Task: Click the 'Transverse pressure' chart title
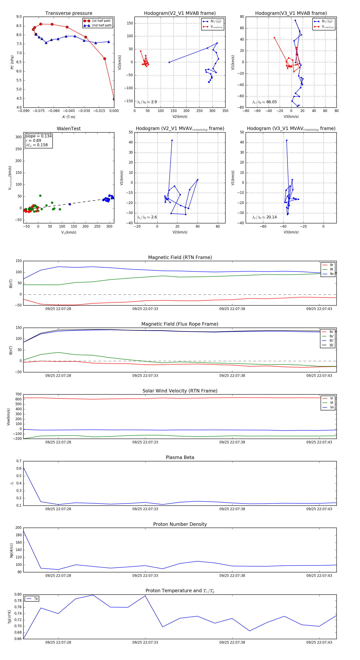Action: [x=69, y=13]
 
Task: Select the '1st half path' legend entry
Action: [x=101, y=21]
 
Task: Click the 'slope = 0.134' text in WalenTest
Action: [x=38, y=136]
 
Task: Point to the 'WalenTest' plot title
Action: [x=69, y=129]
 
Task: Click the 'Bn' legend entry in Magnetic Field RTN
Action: [x=332, y=274]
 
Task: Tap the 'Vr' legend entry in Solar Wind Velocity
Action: [x=332, y=398]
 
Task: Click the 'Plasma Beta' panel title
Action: [x=180, y=458]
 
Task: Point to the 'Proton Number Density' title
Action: [x=180, y=524]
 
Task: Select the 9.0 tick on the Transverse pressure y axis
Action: [x=19, y=17]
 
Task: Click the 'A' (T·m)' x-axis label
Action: [x=69, y=117]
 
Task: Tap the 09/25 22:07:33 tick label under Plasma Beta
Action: [x=145, y=509]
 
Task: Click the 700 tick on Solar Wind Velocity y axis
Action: [x=18, y=394]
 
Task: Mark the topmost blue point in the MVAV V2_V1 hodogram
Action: [x=172, y=140]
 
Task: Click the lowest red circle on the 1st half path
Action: [x=114, y=99]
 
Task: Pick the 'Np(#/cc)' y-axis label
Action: [x=11, y=550]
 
